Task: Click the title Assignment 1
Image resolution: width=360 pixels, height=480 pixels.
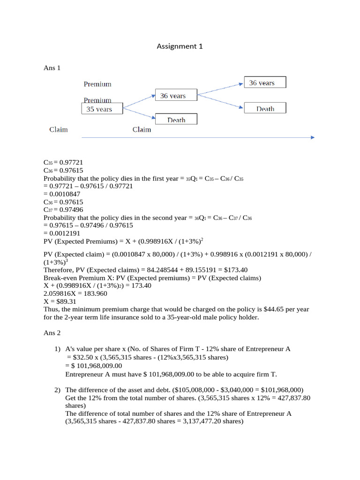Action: point(180,46)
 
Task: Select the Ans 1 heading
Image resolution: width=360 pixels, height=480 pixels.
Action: point(52,68)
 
